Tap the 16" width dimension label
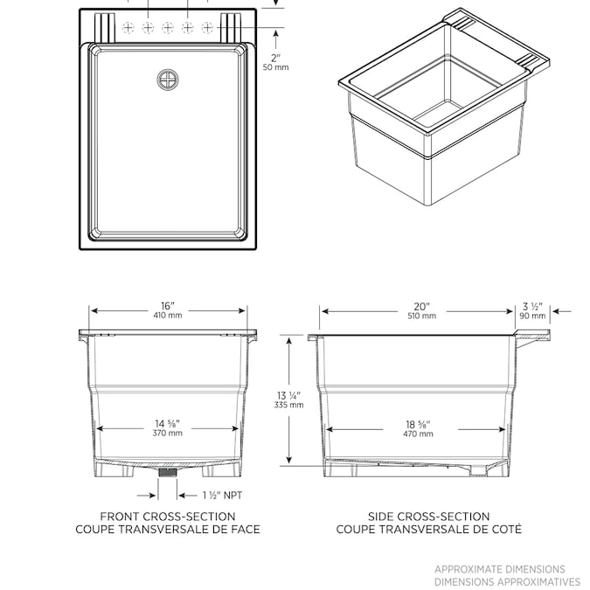click(x=168, y=305)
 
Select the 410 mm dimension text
click(x=168, y=316)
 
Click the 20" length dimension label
click(x=421, y=306)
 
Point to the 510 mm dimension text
click(x=421, y=316)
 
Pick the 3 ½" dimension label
click(x=532, y=306)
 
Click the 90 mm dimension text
click(x=532, y=316)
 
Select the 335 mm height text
click(x=289, y=405)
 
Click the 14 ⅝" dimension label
click(x=167, y=423)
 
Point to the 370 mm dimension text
click(x=167, y=434)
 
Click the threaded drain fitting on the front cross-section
click(x=168, y=473)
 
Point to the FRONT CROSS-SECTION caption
click(x=167, y=517)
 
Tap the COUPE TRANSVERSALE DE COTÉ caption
click(x=429, y=529)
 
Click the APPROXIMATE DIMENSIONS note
click(x=500, y=569)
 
